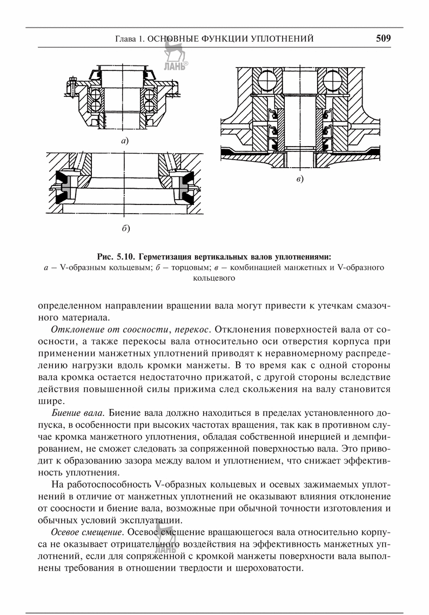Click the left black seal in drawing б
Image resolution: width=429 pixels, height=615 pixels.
(70, 187)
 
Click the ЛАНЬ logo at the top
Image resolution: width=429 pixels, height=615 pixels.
(173, 57)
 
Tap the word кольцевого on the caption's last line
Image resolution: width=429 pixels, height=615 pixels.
(214, 279)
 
